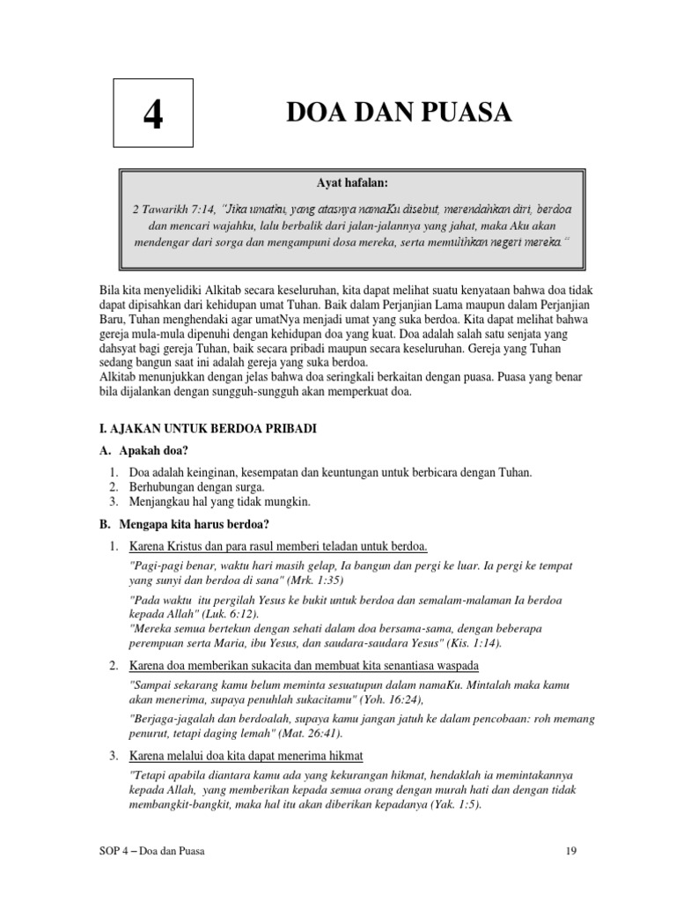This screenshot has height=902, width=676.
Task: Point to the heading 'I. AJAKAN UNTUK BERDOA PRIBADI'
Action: coord(206,428)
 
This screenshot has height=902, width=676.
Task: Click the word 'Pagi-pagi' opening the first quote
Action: coord(155,566)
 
